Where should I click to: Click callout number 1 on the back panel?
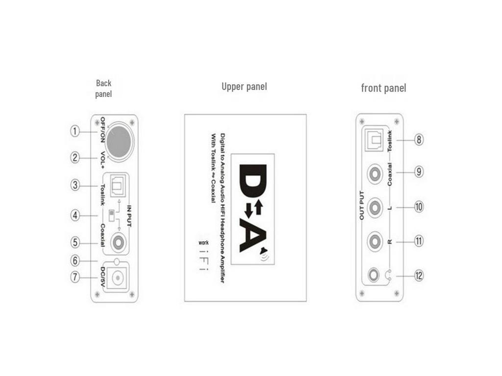[75, 131]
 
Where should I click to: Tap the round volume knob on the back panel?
[119, 141]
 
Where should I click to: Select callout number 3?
[75, 185]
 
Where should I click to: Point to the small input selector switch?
[112, 215]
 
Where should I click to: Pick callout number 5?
[75, 242]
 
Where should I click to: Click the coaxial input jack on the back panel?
[119, 242]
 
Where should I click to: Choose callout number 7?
[75, 277]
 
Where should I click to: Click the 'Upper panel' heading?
[244, 87]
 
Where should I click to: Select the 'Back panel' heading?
[103, 89]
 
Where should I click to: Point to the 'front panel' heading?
[383, 88]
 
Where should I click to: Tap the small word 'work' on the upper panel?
[203, 243]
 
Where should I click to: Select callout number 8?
[419, 140]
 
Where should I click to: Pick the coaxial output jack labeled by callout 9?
[375, 173]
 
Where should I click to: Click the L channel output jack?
[375, 207]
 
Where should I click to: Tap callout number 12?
[419, 276]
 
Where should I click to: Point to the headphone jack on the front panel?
[375, 276]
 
